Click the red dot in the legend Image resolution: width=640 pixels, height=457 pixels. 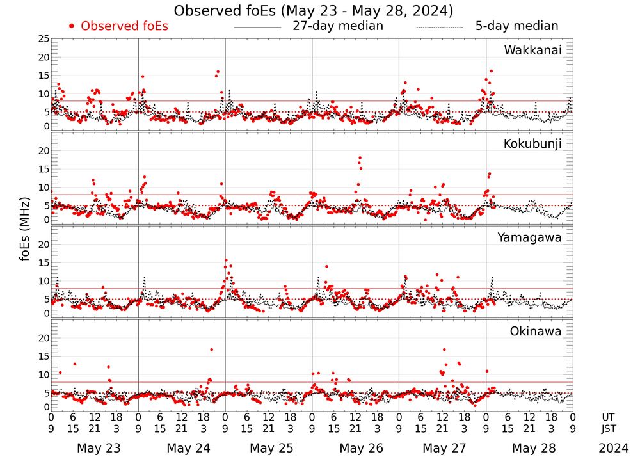click(72, 26)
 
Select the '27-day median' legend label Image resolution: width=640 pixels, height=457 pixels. click(338, 26)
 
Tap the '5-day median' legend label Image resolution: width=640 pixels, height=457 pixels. click(516, 26)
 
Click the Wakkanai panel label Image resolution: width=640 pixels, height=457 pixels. click(532, 50)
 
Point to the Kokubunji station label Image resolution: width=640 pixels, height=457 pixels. click(532, 144)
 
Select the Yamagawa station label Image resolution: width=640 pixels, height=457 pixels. click(530, 237)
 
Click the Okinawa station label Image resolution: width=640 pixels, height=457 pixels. click(536, 332)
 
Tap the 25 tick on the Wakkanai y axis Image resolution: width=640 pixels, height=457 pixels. click(44, 40)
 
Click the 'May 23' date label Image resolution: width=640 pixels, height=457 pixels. click(99, 448)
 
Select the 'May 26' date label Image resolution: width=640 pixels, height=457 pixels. click(361, 448)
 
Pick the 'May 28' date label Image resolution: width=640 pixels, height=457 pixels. click(535, 448)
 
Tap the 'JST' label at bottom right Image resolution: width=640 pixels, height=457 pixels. click(611, 428)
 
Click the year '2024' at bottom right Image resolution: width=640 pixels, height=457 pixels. click(612, 448)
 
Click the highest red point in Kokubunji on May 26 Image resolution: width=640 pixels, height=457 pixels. click(360, 157)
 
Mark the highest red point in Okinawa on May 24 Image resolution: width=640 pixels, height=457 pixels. click(211, 349)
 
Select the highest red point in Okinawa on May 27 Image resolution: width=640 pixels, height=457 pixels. click(444, 349)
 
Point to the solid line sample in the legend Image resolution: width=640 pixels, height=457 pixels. click(257, 28)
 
